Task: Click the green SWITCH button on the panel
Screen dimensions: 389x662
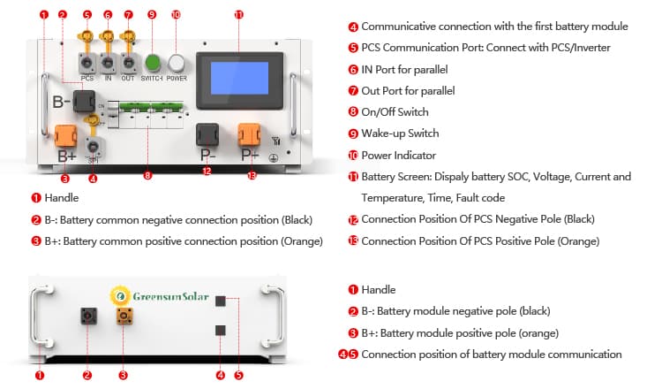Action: (x=153, y=64)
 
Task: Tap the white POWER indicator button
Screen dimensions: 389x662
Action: (x=177, y=64)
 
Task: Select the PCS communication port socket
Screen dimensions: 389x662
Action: (x=87, y=64)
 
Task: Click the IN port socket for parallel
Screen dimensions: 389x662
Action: (x=109, y=64)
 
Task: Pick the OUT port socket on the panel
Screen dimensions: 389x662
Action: (x=130, y=64)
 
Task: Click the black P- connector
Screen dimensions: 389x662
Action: (x=207, y=135)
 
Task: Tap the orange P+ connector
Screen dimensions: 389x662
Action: (x=251, y=135)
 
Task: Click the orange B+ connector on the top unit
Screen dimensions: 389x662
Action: (x=65, y=137)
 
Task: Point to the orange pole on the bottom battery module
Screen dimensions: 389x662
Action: (x=124, y=317)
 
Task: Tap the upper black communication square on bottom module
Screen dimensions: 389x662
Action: (x=220, y=302)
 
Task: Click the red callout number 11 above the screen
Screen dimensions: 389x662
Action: (x=239, y=15)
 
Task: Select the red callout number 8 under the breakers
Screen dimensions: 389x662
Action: (x=147, y=175)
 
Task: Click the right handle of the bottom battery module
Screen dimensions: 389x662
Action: (x=271, y=317)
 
